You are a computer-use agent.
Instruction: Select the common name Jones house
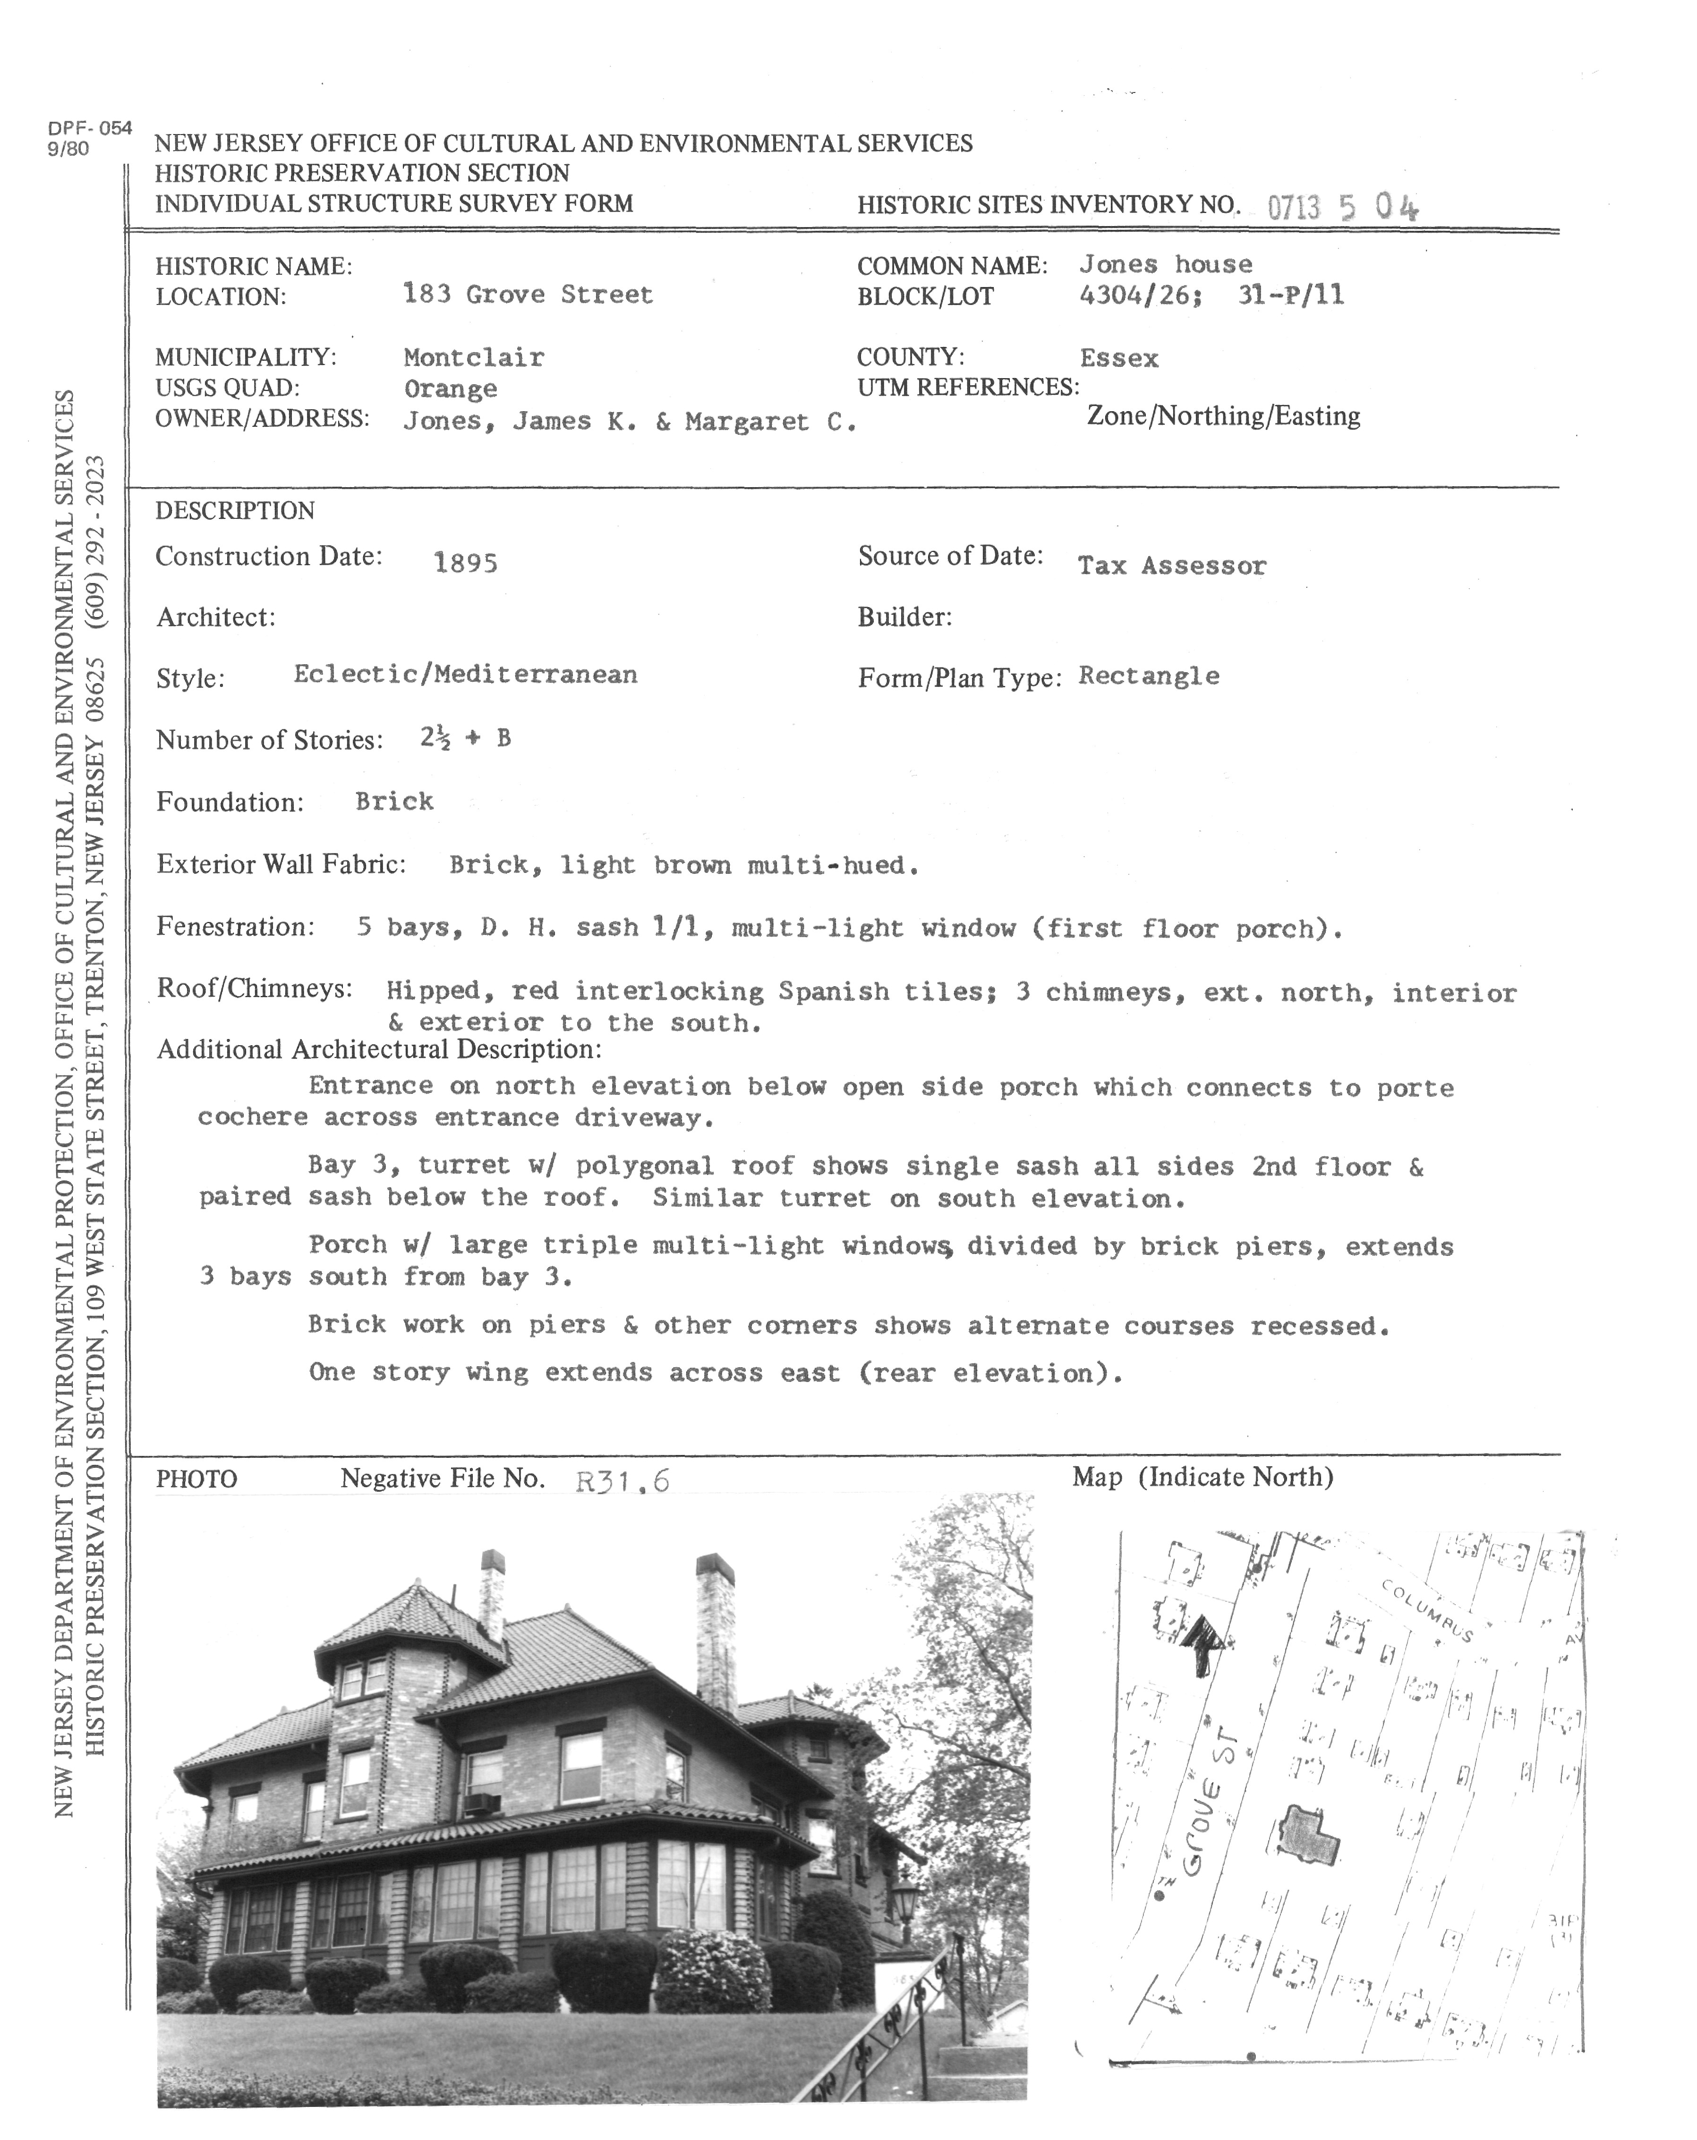(1166, 264)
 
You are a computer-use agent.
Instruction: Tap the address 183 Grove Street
(528, 295)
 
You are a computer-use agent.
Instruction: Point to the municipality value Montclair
(474, 357)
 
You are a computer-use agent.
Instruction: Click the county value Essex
(1119, 358)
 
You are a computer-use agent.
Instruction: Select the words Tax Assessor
(1172, 566)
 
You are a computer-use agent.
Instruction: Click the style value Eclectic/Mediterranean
(465, 675)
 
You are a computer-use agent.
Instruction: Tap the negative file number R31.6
(623, 1481)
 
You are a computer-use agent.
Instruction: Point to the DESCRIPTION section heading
(234, 510)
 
